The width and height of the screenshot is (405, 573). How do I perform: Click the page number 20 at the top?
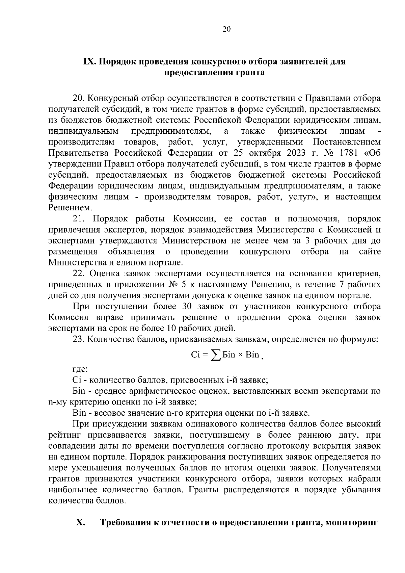(x=226, y=29)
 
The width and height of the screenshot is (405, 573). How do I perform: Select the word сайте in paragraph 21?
(x=370, y=252)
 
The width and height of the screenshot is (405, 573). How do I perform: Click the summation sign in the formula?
(x=214, y=355)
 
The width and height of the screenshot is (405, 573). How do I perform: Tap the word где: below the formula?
(x=80, y=369)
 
